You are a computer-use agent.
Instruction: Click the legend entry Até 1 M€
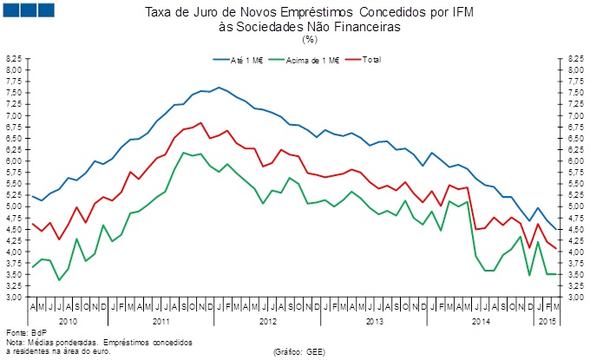click(240, 60)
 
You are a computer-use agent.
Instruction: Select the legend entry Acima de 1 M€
click(308, 60)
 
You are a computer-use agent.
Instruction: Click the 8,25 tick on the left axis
click(15, 58)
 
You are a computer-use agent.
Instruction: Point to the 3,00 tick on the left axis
click(15, 298)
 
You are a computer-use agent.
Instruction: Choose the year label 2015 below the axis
click(546, 321)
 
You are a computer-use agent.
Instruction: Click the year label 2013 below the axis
click(375, 321)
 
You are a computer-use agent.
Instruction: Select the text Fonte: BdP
click(23, 333)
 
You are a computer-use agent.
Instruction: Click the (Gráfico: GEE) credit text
click(298, 352)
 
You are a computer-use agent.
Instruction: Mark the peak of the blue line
click(219, 87)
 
